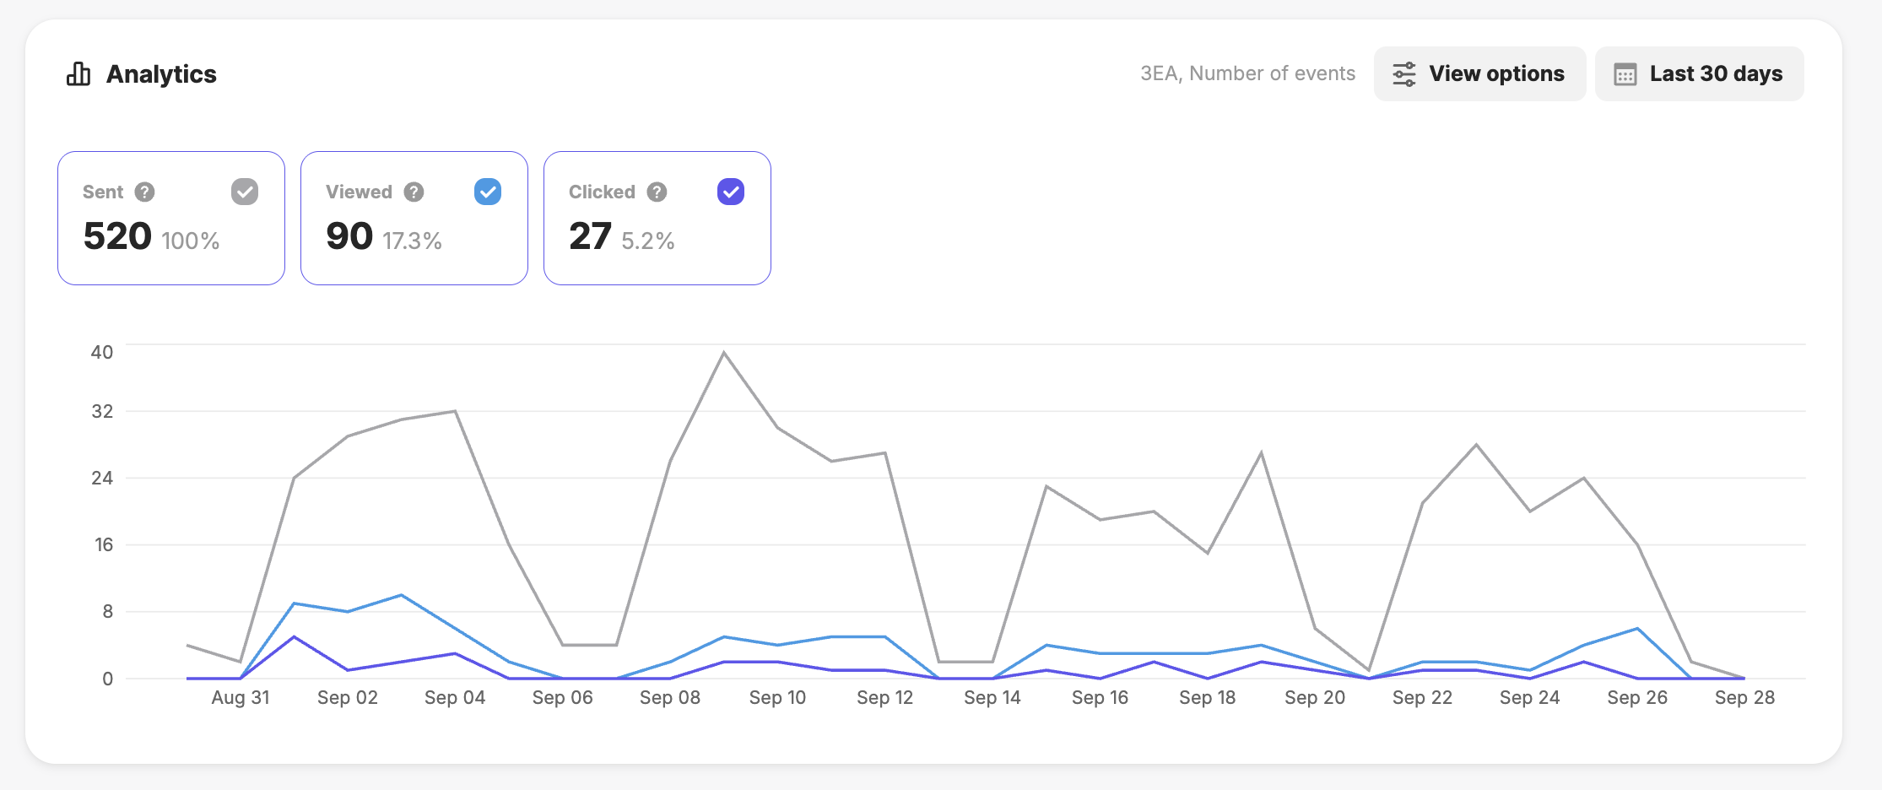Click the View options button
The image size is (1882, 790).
(1479, 73)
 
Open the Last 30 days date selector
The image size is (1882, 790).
(1699, 73)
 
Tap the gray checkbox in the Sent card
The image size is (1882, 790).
(245, 192)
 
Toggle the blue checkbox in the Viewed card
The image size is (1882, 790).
(488, 192)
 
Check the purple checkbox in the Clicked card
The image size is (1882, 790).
(731, 192)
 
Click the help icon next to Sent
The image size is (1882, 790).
(145, 192)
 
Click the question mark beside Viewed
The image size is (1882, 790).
(414, 192)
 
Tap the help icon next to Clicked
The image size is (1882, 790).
(657, 192)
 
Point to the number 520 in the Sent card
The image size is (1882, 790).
(117, 236)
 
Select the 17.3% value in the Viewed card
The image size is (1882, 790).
(413, 241)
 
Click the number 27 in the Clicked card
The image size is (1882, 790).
(590, 236)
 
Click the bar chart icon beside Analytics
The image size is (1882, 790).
(78, 74)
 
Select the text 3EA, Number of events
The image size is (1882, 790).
(1247, 73)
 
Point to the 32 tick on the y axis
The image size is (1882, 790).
(102, 411)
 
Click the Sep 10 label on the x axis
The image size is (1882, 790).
(777, 697)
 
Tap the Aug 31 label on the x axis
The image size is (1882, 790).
(241, 697)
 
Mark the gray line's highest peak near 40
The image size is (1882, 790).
(724, 353)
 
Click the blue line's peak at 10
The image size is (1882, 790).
(402, 595)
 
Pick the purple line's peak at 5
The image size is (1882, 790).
(294, 636)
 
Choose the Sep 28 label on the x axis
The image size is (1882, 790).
(1744, 697)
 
